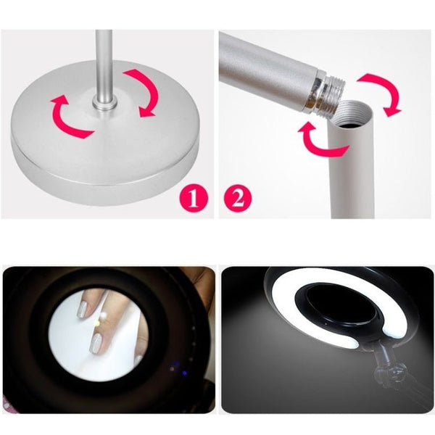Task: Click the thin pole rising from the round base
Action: point(104,65)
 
